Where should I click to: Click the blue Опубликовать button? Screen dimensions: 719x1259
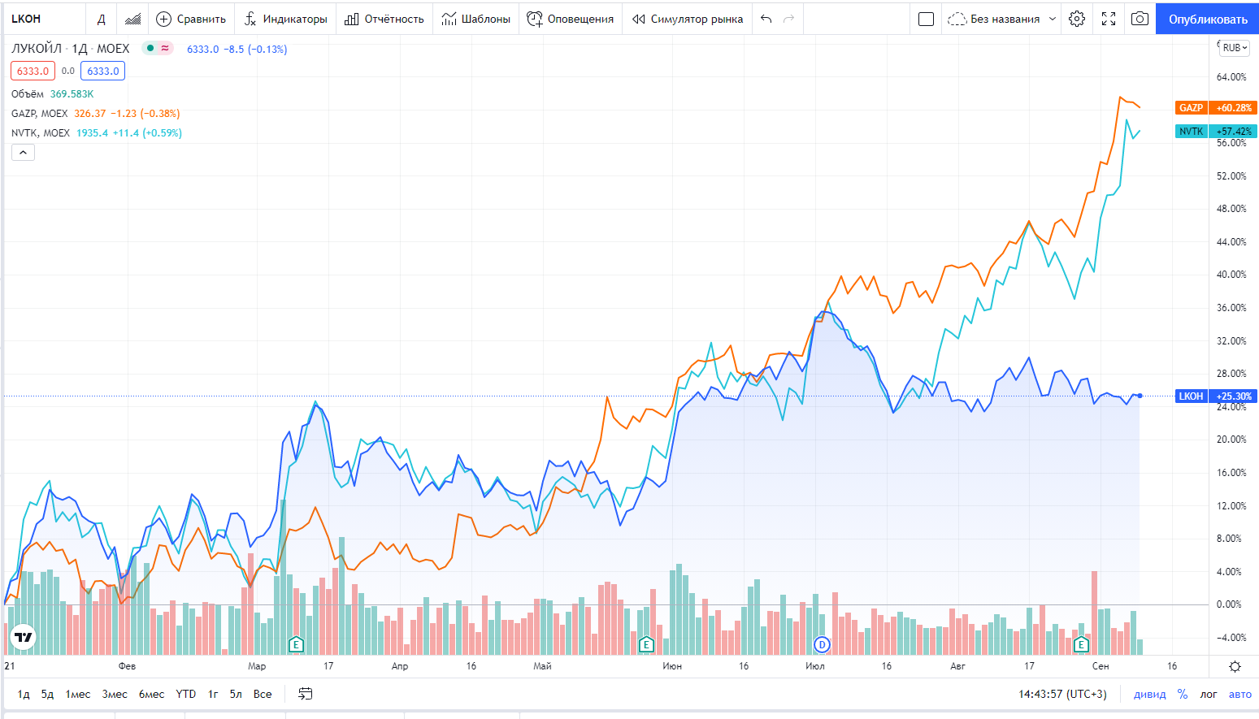tap(1207, 19)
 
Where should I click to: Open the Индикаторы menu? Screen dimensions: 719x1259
tap(286, 19)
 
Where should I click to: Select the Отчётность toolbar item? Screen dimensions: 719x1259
tap(384, 19)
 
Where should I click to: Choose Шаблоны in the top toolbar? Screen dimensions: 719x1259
tap(476, 19)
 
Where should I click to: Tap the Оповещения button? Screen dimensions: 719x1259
tap(571, 19)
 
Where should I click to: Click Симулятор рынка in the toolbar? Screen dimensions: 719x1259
tap(688, 19)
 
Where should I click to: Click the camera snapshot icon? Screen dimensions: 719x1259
tap(1140, 19)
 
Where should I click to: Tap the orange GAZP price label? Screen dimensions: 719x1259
tap(1191, 108)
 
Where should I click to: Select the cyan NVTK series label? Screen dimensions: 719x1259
tap(1191, 132)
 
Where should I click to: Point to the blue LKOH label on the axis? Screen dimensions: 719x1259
tap(1191, 396)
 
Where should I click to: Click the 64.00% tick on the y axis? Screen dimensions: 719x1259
tap(1231, 77)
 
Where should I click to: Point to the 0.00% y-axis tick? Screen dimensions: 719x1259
tap(1229, 604)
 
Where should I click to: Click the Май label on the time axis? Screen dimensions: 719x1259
tap(542, 666)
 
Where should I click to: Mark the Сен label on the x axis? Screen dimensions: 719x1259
tap(1101, 666)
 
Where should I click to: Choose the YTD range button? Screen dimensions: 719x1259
tap(186, 694)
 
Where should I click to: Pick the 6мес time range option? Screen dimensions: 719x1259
tap(151, 694)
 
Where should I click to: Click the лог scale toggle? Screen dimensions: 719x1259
tap(1209, 694)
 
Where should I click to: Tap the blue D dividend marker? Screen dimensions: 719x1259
tap(822, 645)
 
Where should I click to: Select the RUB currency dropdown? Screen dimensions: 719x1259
tap(1235, 48)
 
